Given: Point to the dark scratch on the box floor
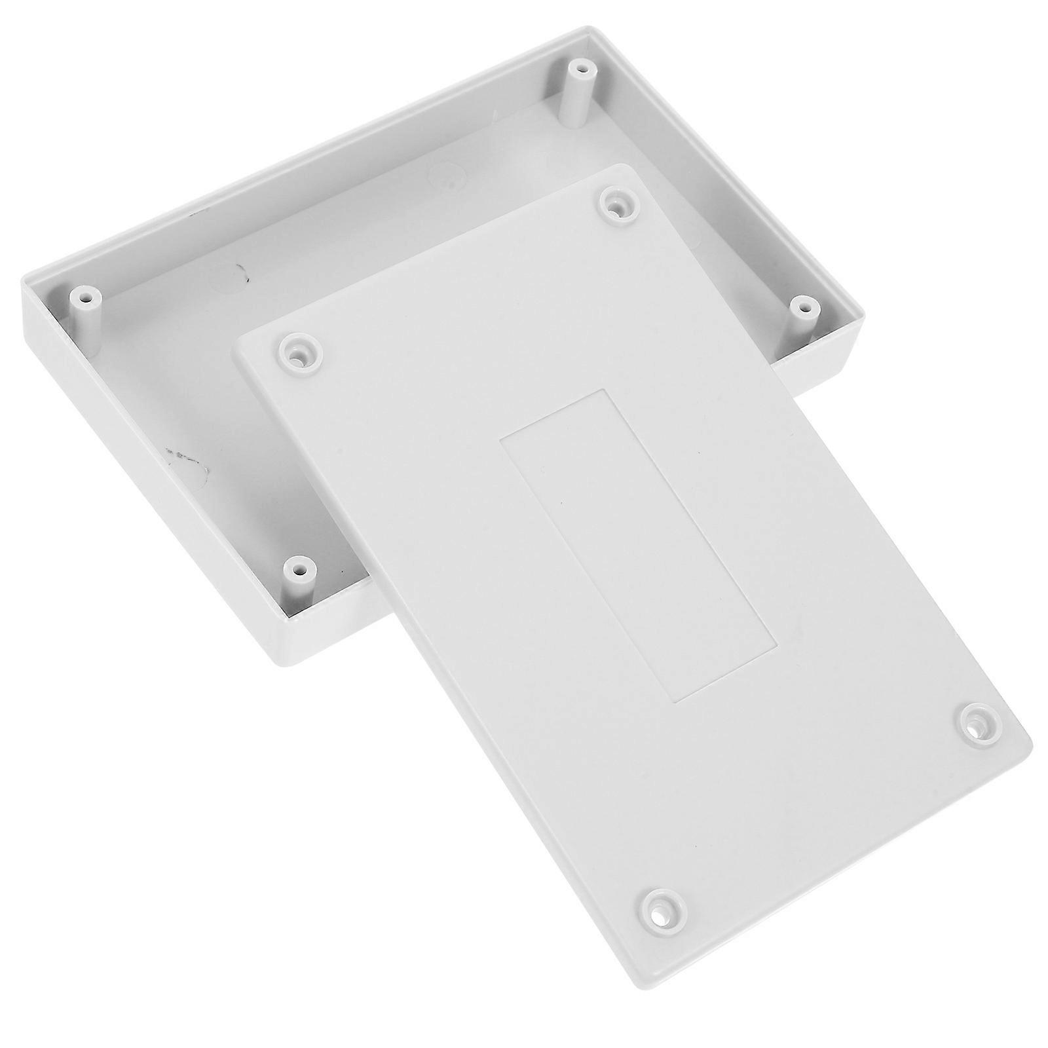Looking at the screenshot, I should pyautogui.click(x=187, y=458).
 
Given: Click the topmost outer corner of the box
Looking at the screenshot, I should pyautogui.click(x=586, y=28).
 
